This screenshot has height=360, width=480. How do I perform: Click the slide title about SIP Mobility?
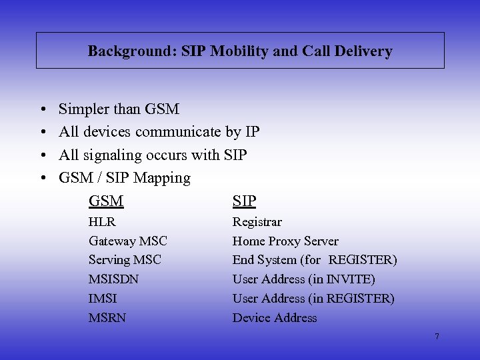click(240, 51)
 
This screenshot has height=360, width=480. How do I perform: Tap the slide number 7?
click(437, 337)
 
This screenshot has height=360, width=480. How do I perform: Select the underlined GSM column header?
click(106, 201)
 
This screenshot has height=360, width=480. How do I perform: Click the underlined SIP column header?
click(244, 201)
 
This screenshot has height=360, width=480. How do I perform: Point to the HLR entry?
click(102, 222)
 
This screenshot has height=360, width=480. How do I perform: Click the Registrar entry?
click(257, 222)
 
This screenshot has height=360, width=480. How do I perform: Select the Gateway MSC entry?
click(128, 241)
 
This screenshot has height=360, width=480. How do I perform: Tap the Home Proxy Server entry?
click(285, 241)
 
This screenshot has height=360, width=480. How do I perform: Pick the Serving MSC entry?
click(125, 260)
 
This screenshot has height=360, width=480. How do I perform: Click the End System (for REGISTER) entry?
click(315, 260)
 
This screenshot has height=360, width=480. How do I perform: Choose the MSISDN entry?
click(113, 279)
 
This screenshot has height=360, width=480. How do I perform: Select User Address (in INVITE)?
click(303, 279)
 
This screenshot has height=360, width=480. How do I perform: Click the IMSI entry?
click(103, 298)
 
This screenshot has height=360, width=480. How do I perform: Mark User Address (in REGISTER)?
click(313, 298)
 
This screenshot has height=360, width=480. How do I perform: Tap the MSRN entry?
click(107, 317)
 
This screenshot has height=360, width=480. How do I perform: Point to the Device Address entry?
click(275, 317)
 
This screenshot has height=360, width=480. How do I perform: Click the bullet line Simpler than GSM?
click(119, 109)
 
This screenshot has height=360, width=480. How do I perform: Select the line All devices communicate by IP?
click(159, 132)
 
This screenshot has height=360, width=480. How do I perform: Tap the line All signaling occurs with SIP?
click(153, 155)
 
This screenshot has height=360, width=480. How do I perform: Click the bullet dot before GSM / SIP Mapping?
click(41, 179)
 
